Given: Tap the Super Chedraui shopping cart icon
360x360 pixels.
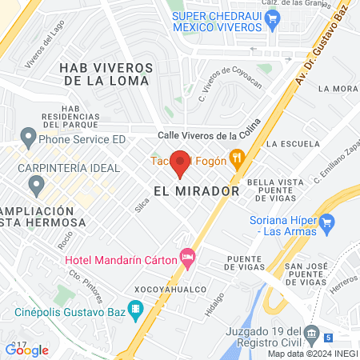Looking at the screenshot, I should [274, 22].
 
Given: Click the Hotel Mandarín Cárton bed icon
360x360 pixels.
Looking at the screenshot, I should [189, 258].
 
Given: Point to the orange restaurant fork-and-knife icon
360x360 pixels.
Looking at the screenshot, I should [236, 158].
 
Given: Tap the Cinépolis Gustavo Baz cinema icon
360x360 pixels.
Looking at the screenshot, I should [135, 308].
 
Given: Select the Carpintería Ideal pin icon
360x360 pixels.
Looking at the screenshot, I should [36, 186].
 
